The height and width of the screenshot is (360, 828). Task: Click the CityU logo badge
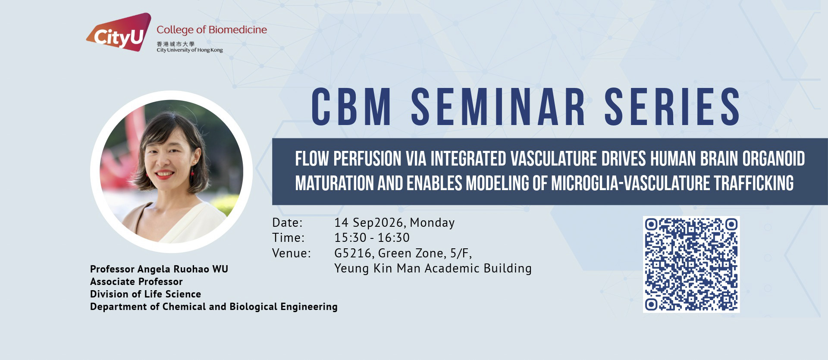[119, 33]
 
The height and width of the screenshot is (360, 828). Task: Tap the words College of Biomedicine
[212, 30]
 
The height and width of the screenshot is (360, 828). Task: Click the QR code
[691, 264]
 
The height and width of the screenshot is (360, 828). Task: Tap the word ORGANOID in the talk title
[774, 159]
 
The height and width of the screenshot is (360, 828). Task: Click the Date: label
[287, 223]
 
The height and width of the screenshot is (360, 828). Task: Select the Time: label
[288, 238]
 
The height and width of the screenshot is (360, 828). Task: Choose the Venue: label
[292, 253]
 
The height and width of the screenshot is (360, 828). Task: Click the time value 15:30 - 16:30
[372, 238]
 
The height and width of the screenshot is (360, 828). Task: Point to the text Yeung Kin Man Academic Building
[433, 269]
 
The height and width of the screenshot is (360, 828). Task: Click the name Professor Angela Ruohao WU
[159, 269]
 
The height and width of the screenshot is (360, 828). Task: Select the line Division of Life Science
[145, 294]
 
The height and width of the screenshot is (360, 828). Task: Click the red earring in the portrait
[192, 172]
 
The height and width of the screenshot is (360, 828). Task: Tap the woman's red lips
[164, 175]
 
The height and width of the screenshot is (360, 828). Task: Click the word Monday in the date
[432, 223]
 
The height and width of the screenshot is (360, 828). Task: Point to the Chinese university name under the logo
[176, 44]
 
